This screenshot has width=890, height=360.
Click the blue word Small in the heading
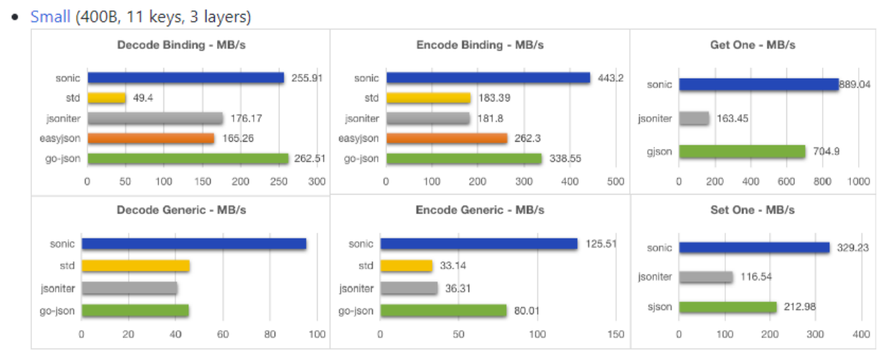[x=50, y=17]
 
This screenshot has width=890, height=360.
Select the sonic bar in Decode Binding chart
[x=186, y=78]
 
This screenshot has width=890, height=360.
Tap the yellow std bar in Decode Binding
[x=106, y=98]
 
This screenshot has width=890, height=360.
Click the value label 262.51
[x=308, y=158]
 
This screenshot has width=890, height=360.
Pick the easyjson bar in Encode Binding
[x=446, y=138]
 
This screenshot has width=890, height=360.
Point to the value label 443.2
[x=610, y=78]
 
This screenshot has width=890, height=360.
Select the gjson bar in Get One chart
[x=742, y=152]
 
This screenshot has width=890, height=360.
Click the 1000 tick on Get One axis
[x=859, y=181]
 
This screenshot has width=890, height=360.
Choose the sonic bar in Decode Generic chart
[x=194, y=244]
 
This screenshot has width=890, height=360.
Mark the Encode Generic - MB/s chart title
[x=480, y=210]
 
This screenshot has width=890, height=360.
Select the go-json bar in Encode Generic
[x=444, y=311]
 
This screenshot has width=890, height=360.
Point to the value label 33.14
[x=453, y=265]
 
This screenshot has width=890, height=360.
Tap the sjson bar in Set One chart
[x=727, y=306]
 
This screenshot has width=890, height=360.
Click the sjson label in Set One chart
[x=658, y=306]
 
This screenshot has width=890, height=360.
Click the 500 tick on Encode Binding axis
[x=615, y=181]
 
